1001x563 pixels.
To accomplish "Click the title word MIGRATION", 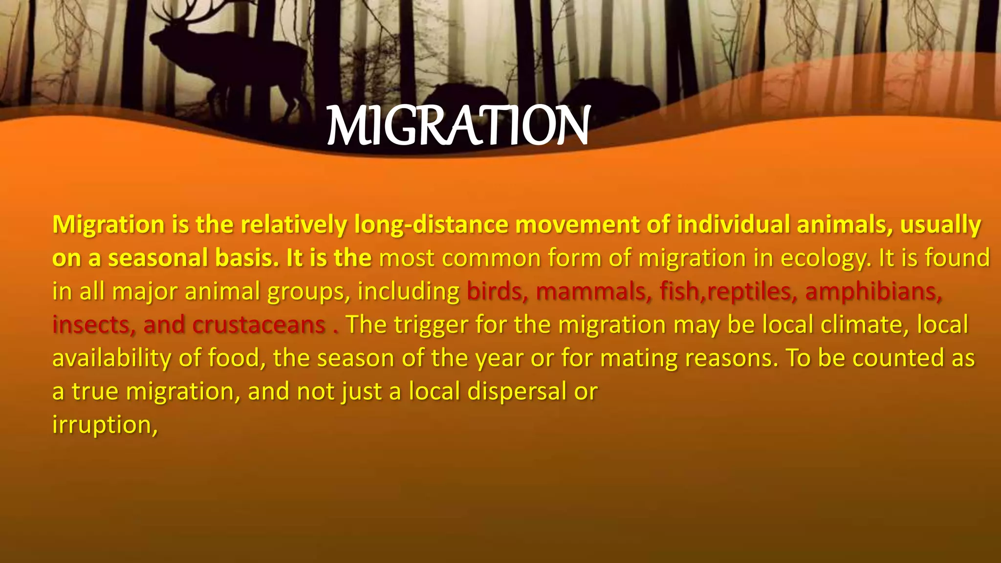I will point(458,126).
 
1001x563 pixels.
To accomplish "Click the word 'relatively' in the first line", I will point(293,225).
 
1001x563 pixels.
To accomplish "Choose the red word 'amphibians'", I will point(873,291).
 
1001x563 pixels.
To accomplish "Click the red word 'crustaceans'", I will point(259,325).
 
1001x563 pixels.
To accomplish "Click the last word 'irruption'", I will point(104,424).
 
